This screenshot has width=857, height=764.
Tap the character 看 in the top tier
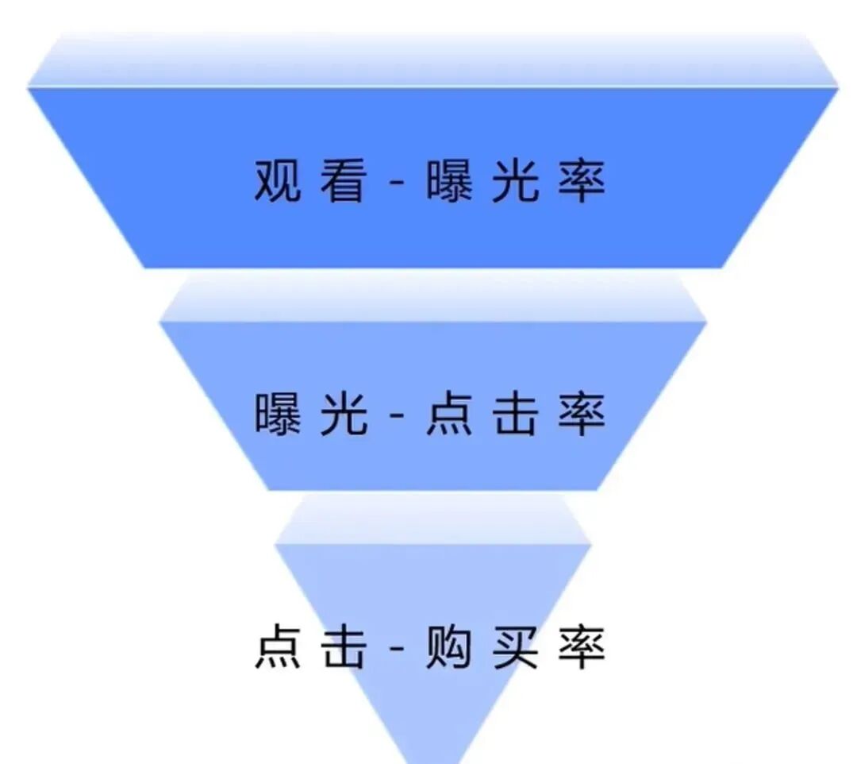[344, 181]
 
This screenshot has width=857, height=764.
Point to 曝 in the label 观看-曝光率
[449, 181]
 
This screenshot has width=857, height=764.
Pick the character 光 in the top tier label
[515, 181]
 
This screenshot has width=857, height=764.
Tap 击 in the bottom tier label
[344, 647]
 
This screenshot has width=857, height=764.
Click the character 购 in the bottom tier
[449, 647]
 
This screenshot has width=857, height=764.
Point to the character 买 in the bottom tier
[515, 647]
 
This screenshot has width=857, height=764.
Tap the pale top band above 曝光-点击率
[432, 298]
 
